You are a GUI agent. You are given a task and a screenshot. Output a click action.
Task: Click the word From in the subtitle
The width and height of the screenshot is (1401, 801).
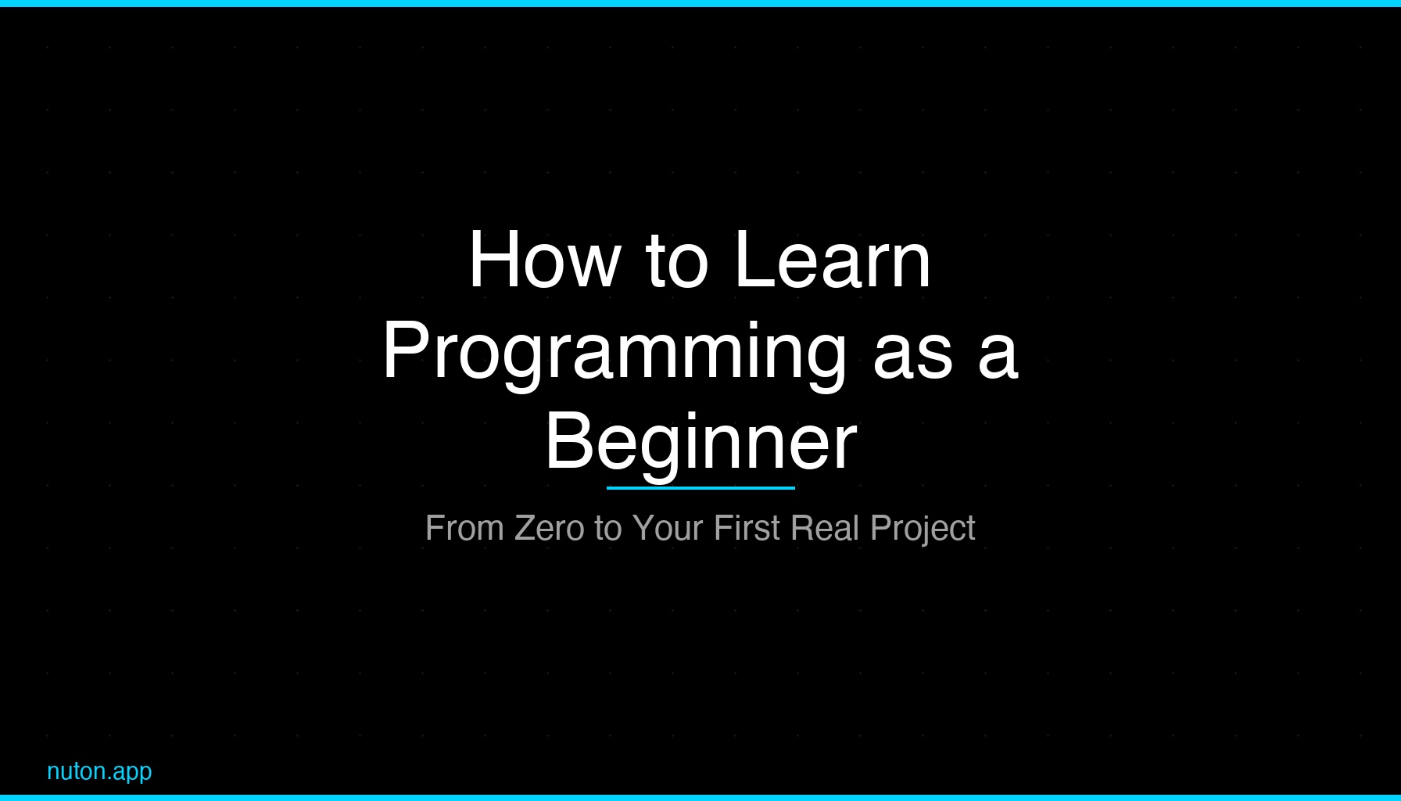point(464,528)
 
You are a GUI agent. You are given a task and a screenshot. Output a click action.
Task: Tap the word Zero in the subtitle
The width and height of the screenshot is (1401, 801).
point(550,528)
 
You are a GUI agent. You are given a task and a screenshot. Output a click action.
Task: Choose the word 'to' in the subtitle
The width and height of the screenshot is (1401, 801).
point(607,528)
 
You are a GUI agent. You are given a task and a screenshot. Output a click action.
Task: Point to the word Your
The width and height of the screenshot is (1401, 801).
point(668,528)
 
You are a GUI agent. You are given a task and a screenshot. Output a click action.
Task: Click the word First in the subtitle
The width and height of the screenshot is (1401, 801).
point(747,528)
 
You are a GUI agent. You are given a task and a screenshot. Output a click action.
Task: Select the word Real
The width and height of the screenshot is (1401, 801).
point(825,528)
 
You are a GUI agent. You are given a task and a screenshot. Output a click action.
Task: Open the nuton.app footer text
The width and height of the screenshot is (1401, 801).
point(99,772)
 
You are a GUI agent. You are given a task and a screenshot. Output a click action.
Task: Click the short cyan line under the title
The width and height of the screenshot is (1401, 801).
point(700,488)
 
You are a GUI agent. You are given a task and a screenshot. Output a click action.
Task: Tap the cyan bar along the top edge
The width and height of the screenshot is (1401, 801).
point(700,3)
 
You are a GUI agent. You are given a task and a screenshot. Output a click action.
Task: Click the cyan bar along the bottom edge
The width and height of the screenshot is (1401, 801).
point(700,798)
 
